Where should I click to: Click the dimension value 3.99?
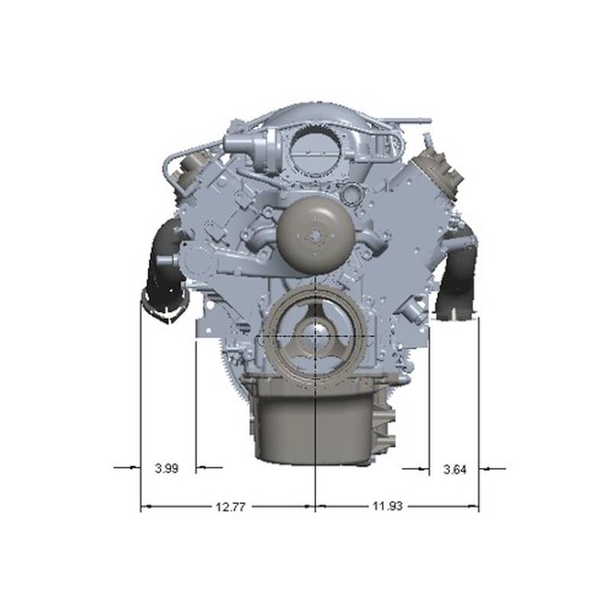[x=166, y=468]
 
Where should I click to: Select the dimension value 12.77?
[x=231, y=507]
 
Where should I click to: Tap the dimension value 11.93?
[x=387, y=506]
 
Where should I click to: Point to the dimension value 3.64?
[x=454, y=470]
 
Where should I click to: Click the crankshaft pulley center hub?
[x=315, y=335]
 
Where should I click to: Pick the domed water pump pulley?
[x=315, y=237]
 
